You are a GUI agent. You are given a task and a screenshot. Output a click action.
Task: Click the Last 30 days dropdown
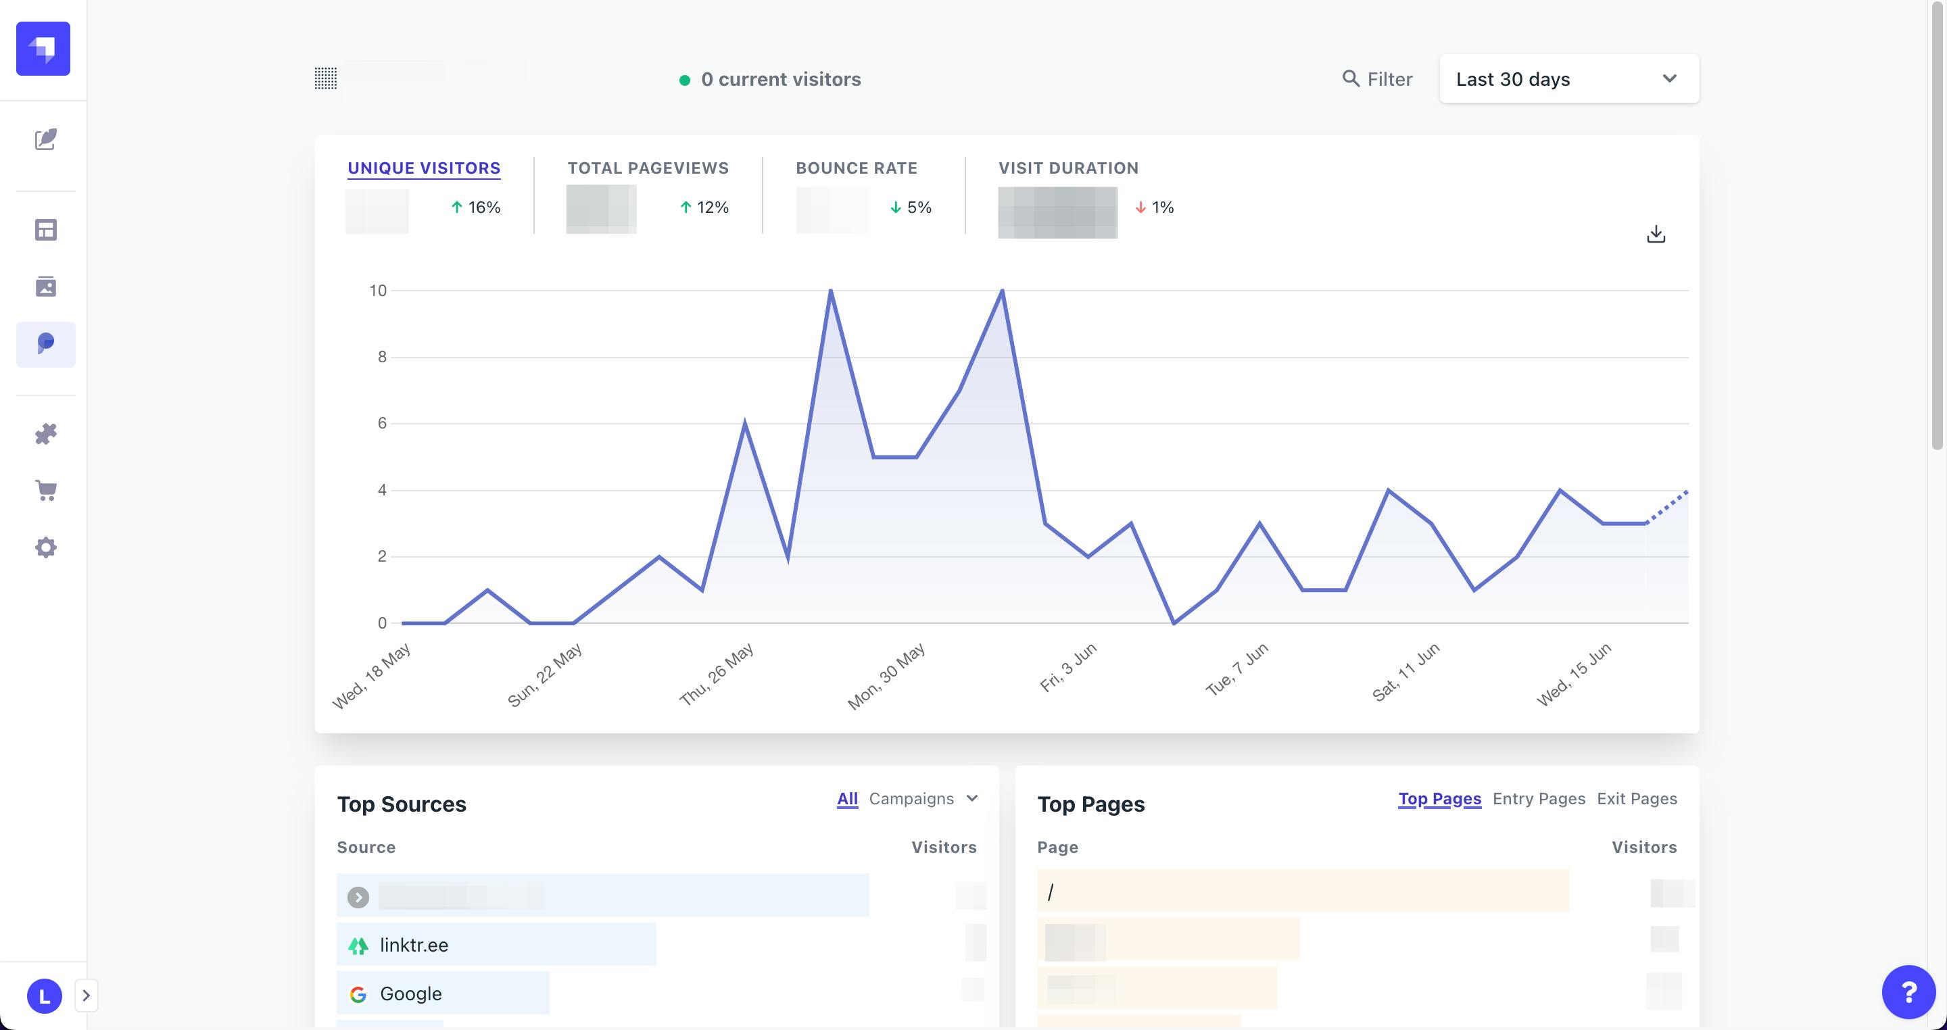[x=1568, y=78]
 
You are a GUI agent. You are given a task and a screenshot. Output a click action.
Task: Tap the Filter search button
[x=1377, y=78]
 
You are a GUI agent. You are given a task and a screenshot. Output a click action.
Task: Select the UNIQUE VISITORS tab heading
[x=423, y=168]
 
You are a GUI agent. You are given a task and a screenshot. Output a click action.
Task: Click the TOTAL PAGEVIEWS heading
[x=648, y=168]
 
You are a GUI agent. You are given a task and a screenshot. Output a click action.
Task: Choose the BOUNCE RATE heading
[x=856, y=168]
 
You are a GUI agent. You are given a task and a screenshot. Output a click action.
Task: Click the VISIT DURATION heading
[x=1068, y=168]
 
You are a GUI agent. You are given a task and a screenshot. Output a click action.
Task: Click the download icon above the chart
[x=1655, y=235]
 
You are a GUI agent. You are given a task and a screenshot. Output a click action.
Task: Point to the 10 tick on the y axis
[x=377, y=290]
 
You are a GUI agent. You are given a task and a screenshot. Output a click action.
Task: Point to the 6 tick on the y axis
[x=382, y=423]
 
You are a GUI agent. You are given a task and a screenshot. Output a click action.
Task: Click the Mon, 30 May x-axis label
[x=886, y=677]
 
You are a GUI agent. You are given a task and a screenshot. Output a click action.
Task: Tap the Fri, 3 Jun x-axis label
[x=1067, y=668]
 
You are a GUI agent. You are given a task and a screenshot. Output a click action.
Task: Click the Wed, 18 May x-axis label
[x=371, y=676]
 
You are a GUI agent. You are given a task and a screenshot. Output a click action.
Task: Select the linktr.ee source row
[x=496, y=945]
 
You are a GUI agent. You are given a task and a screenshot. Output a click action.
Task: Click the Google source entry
[x=442, y=994]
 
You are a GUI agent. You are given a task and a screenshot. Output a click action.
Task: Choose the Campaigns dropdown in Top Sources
[x=923, y=799]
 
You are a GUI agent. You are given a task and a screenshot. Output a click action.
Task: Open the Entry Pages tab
[x=1538, y=799]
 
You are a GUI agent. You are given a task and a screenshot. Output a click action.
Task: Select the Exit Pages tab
[x=1636, y=799]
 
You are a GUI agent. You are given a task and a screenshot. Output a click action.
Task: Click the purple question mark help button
[x=1908, y=991]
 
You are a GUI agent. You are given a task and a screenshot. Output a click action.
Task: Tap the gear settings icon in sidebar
[x=46, y=547]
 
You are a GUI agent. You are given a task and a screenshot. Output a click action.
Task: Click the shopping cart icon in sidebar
[x=46, y=491]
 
